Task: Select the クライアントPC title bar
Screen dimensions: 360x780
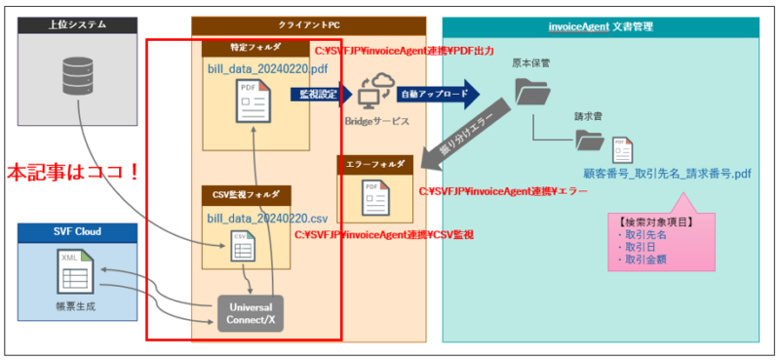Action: pyautogui.click(x=308, y=24)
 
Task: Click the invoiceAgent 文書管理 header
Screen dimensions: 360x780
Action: pyautogui.click(x=604, y=24)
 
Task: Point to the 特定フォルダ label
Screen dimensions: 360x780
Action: pyautogui.click(x=234, y=48)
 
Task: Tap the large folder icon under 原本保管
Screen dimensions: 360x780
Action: pyautogui.click(x=531, y=94)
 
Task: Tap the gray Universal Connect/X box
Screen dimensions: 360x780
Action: pyautogui.click(x=250, y=312)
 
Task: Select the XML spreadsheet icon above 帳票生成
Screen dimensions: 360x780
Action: pyautogui.click(x=75, y=268)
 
